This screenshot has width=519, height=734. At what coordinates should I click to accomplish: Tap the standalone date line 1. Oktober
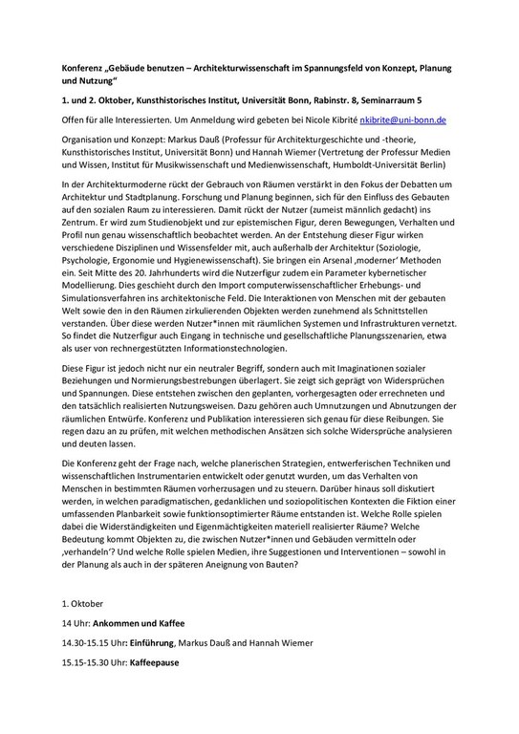click(x=82, y=604)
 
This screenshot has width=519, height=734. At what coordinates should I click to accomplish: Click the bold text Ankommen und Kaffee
click(x=142, y=623)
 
